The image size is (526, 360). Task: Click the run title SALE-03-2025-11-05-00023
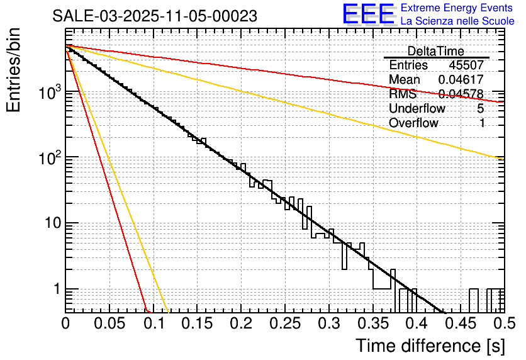[x=154, y=16]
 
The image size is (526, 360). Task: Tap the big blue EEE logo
[x=368, y=14]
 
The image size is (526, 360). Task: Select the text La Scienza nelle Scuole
[x=457, y=21]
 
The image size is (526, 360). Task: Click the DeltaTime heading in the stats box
[x=435, y=51]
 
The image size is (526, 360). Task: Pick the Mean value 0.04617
[x=461, y=79]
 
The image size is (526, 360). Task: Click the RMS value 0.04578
[x=461, y=94]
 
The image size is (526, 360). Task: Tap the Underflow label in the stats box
[x=417, y=108]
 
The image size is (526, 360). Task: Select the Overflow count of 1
[x=482, y=123]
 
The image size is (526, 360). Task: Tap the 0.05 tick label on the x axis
[x=109, y=323]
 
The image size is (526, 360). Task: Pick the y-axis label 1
[x=55, y=290]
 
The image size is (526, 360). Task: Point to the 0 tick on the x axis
[x=66, y=323]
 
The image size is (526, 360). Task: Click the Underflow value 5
[x=481, y=108]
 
